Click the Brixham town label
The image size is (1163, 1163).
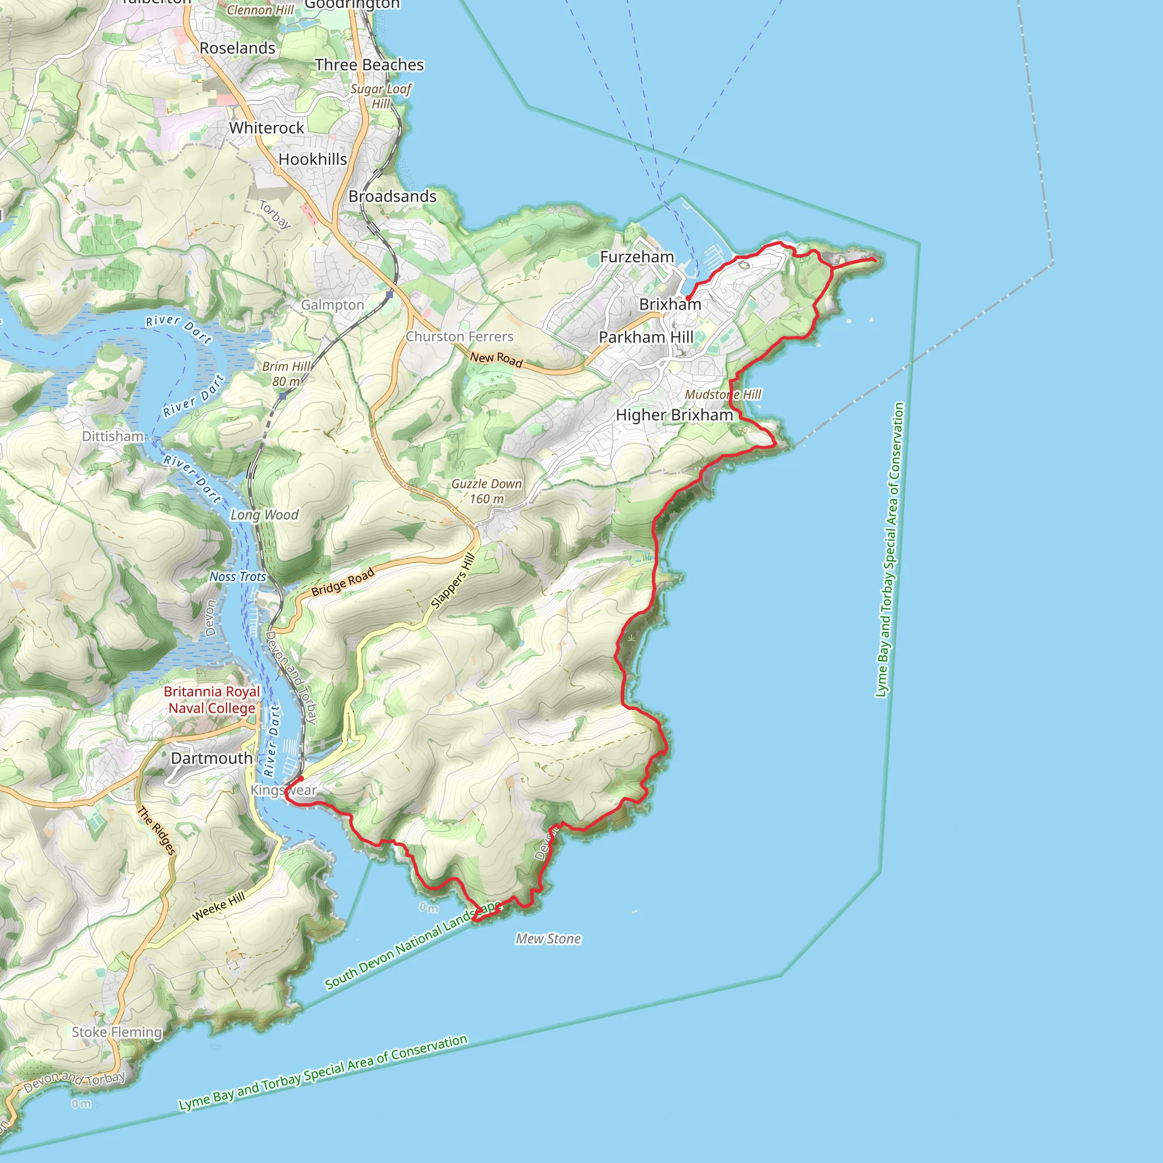[x=670, y=304]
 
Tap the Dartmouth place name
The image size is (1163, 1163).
[x=211, y=759]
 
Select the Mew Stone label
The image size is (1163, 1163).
[x=548, y=939]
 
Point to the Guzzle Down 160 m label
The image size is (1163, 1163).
[x=487, y=491]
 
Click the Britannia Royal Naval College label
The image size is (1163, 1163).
[x=212, y=700]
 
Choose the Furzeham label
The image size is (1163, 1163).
[x=637, y=257]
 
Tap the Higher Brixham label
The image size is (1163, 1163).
[x=674, y=415]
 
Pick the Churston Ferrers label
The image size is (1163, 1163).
[x=459, y=337]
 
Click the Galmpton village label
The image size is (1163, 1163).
[x=332, y=305]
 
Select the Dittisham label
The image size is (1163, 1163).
[x=113, y=437]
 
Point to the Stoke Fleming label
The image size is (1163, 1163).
[x=117, y=1032]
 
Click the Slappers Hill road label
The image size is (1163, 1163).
[x=453, y=581]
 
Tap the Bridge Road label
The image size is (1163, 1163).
[x=342, y=582]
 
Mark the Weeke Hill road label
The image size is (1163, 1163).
[x=219, y=906]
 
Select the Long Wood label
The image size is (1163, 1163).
[x=264, y=515]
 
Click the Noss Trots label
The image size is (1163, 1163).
[x=238, y=577]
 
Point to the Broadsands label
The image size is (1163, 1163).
[x=392, y=197]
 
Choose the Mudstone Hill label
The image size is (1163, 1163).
[x=723, y=395]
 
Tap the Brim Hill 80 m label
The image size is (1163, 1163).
[x=287, y=374]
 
